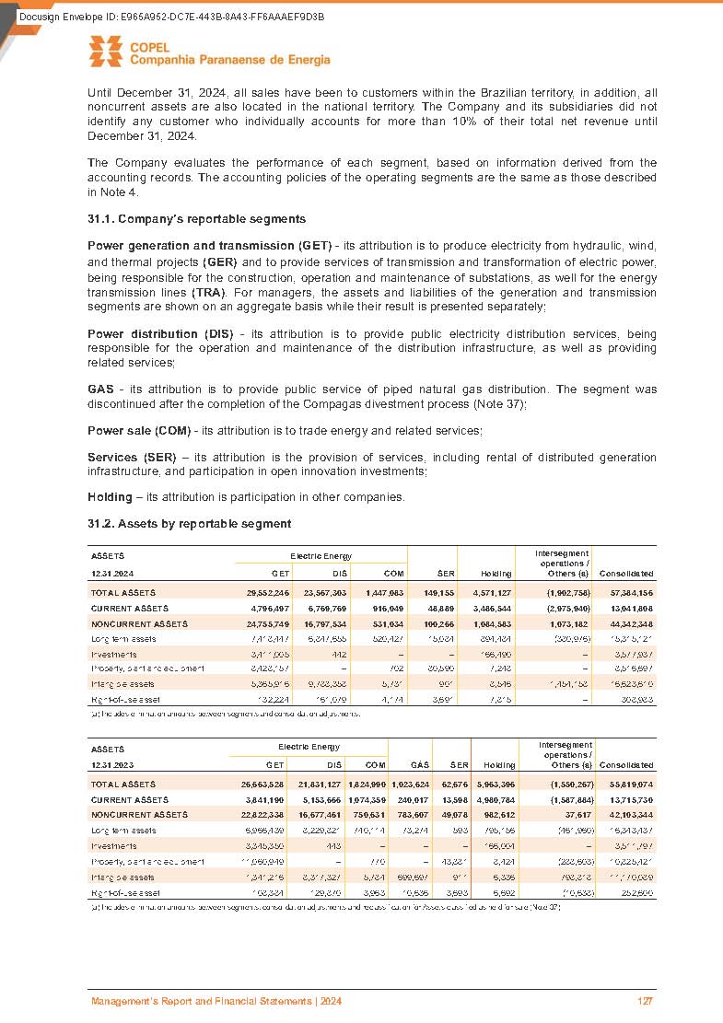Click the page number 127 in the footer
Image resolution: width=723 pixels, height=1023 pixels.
(646, 1001)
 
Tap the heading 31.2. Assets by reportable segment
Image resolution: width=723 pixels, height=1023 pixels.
(188, 524)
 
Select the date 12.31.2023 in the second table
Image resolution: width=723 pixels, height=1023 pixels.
(111, 765)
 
